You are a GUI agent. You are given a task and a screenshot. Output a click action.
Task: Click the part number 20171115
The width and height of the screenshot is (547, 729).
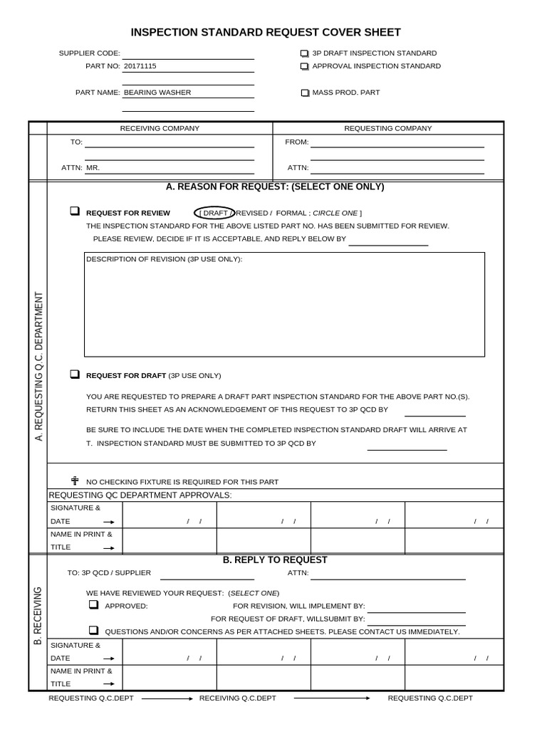(x=140, y=66)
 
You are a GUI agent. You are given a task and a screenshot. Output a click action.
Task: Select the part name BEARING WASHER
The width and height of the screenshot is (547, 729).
(x=157, y=93)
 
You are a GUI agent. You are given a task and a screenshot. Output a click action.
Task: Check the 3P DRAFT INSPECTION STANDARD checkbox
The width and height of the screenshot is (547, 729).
(x=304, y=53)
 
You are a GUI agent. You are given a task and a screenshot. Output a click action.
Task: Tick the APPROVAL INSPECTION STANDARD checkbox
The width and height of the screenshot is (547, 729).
(x=304, y=66)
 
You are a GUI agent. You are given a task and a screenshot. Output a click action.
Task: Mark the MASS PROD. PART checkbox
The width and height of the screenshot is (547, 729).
(x=305, y=93)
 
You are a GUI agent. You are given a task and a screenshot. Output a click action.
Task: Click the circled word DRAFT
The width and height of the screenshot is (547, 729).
(x=214, y=213)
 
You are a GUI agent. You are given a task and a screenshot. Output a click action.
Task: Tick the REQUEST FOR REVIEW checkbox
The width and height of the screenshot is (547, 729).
(x=74, y=211)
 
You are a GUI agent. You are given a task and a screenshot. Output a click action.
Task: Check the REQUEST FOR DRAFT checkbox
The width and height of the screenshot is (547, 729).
(x=74, y=374)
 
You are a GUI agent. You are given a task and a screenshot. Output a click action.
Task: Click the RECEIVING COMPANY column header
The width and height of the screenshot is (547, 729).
(x=160, y=129)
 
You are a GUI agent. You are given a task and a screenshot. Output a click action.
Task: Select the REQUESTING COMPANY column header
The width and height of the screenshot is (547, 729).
(x=388, y=129)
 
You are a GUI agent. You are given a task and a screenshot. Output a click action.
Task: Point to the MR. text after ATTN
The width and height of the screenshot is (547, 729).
(x=93, y=168)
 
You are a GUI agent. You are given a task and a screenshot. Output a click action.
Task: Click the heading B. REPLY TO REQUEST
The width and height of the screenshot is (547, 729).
(x=275, y=560)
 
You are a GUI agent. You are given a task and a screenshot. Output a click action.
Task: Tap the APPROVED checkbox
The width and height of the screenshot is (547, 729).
(x=93, y=605)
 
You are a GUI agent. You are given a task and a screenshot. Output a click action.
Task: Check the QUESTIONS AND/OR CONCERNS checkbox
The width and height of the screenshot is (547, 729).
(x=93, y=631)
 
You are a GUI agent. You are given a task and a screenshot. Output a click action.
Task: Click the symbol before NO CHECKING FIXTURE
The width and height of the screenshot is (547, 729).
(x=75, y=481)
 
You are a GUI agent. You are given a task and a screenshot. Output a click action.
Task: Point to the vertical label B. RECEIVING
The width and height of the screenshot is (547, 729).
(x=38, y=617)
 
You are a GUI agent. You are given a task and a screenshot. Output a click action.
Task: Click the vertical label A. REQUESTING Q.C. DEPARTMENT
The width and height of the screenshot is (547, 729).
(x=38, y=366)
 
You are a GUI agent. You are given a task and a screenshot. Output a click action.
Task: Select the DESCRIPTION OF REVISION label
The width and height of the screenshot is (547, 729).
(x=164, y=259)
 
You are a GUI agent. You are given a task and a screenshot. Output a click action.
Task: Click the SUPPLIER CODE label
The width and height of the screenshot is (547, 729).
(x=89, y=53)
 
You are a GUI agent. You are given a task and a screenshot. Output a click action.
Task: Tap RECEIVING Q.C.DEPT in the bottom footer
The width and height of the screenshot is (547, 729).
(x=237, y=698)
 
